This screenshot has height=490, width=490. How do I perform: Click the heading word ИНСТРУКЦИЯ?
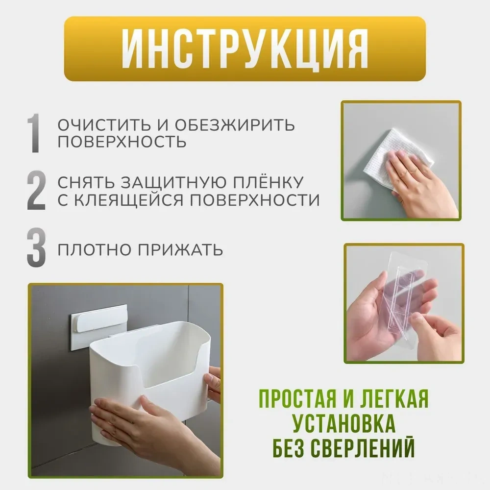coord(245,49)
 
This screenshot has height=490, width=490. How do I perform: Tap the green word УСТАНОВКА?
coord(343,423)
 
